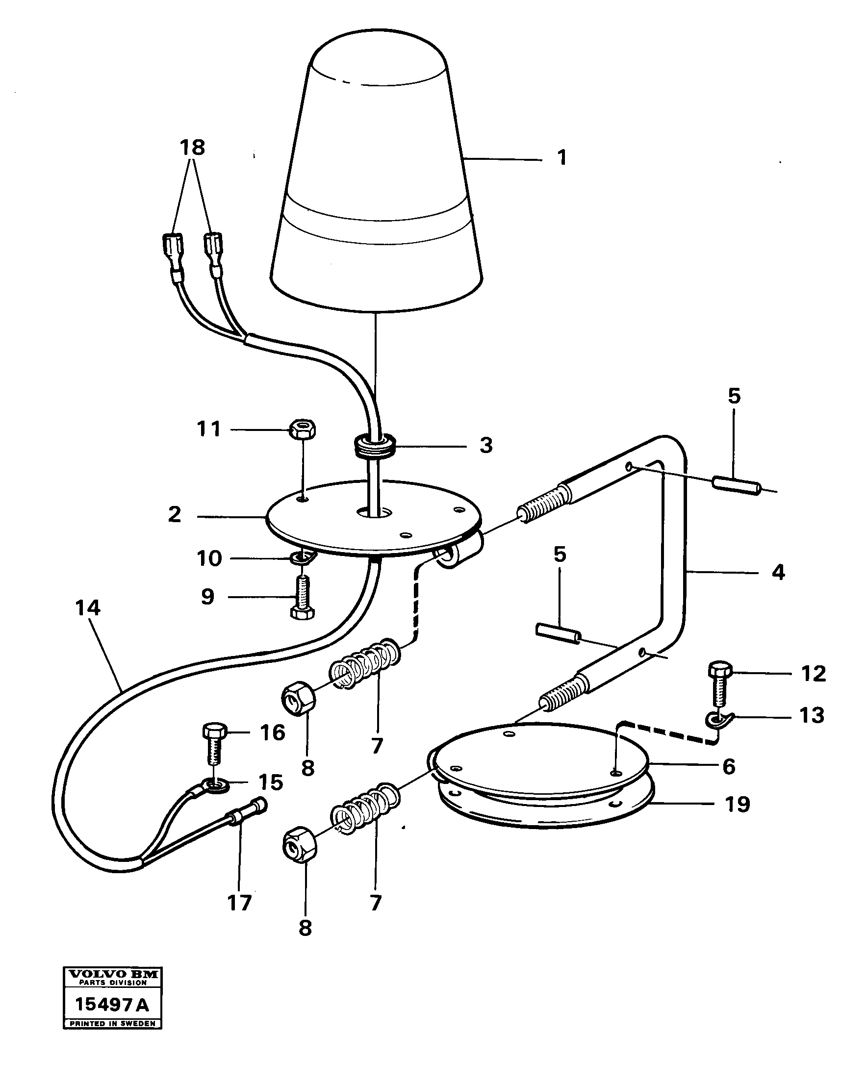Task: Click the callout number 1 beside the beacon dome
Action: (x=562, y=157)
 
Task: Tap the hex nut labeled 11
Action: (x=302, y=429)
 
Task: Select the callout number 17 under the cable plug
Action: (x=239, y=904)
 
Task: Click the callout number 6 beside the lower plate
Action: (x=729, y=766)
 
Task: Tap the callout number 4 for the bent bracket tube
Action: (x=778, y=572)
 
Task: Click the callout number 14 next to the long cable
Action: (x=87, y=608)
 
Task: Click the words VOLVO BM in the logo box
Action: (x=113, y=974)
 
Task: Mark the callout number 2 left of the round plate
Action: (x=175, y=514)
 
